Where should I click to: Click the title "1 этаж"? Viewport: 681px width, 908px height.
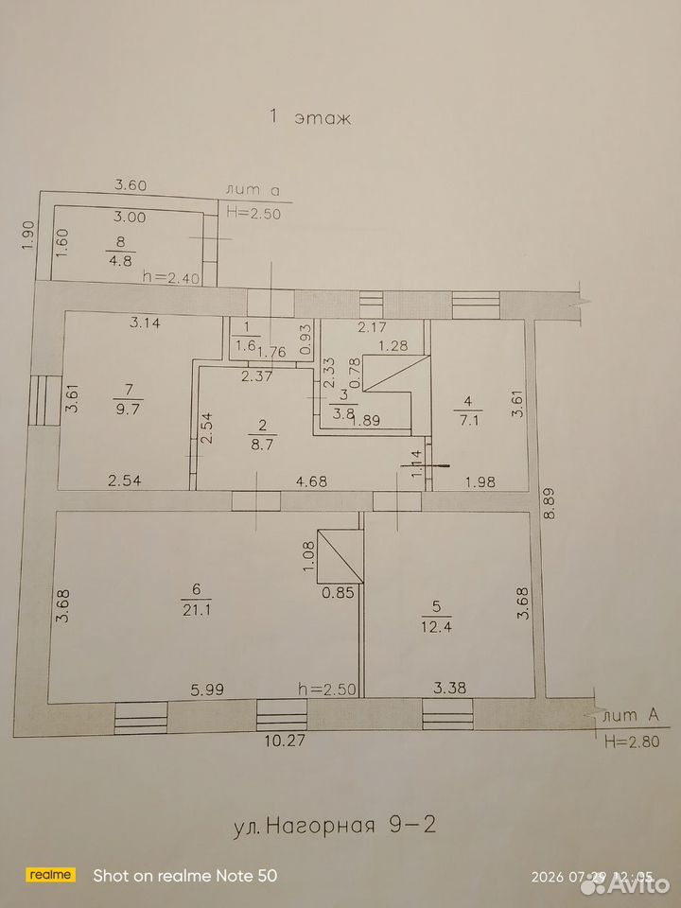(x=310, y=117)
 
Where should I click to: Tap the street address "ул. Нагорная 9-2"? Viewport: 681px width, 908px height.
(x=334, y=824)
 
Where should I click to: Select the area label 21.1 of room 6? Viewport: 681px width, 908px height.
(x=195, y=610)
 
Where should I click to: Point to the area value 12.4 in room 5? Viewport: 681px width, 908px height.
(x=437, y=626)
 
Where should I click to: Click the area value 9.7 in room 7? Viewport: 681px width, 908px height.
(x=128, y=409)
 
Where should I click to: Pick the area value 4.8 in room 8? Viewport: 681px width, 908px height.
(x=120, y=260)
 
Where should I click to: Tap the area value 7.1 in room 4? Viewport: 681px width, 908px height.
(x=468, y=421)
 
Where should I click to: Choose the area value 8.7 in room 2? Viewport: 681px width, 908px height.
(x=262, y=446)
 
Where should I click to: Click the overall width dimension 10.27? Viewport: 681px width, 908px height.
(x=285, y=740)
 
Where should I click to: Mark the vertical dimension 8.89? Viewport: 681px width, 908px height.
(x=550, y=502)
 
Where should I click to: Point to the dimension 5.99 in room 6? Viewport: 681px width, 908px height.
(x=207, y=690)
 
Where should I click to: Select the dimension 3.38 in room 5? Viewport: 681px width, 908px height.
(x=450, y=688)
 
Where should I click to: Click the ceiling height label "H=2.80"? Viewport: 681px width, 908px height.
(x=631, y=742)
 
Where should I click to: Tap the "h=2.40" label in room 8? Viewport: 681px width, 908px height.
(x=171, y=278)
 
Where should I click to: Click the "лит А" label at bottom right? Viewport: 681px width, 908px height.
(x=631, y=716)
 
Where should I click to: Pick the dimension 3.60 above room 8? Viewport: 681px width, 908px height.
(x=131, y=185)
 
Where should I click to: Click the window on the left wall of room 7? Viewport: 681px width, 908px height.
(x=44, y=400)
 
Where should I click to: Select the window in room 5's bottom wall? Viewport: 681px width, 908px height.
(x=447, y=714)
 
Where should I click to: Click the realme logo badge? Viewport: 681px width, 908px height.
(x=51, y=875)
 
